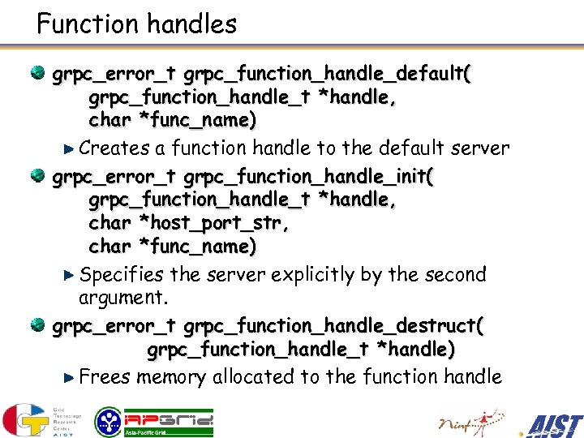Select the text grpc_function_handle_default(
pos(328,75)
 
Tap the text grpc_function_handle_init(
pos(309,177)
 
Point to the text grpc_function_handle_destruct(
pos(333,326)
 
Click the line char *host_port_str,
pos(189,222)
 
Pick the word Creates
pos(114,148)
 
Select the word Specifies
pos(122,275)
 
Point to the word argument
pos(123,298)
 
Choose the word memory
pos(172,377)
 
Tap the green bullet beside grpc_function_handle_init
pos(38,176)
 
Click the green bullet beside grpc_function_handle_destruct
pos(38,325)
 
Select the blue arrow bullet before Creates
pos(69,149)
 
